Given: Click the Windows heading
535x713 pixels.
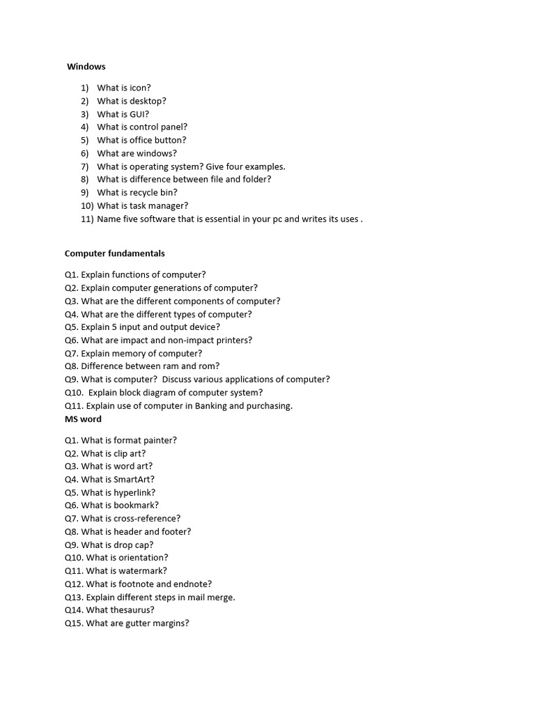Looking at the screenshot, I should pyautogui.click(x=86, y=67).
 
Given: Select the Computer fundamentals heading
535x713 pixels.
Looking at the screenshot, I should pyautogui.click(x=115, y=253).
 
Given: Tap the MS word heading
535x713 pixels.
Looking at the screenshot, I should pyautogui.click(x=83, y=419).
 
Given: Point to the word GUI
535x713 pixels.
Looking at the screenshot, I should pyautogui.click(x=139, y=114).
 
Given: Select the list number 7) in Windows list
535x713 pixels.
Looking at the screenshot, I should pyautogui.click(x=85, y=166).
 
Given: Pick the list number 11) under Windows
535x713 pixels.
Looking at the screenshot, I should pyautogui.click(x=87, y=219).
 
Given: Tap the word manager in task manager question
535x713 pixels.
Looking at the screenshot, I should pyautogui.click(x=170, y=205).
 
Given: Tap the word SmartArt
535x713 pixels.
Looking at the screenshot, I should pyautogui.click(x=132, y=479).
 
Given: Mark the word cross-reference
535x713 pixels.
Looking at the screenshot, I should pyautogui.click(x=147, y=518).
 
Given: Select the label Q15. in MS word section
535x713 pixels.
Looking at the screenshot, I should pyautogui.click(x=74, y=623).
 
